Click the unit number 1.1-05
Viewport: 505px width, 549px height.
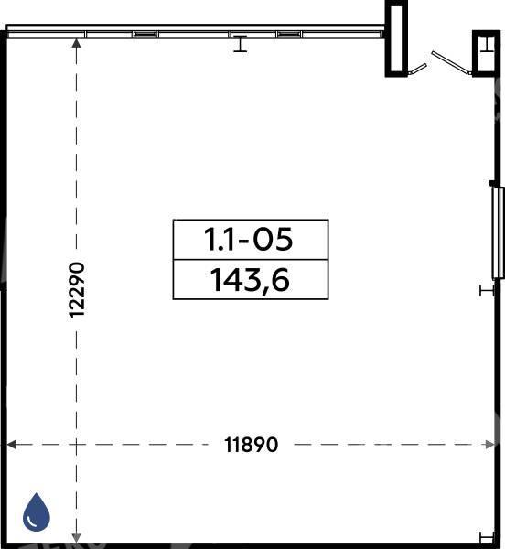tap(248, 240)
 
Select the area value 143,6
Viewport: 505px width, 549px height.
tap(250, 280)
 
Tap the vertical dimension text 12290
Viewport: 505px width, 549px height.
tap(76, 290)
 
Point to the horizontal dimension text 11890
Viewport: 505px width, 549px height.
tap(251, 445)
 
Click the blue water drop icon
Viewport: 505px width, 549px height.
tap(37, 511)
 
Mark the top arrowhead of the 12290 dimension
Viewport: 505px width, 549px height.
tap(76, 43)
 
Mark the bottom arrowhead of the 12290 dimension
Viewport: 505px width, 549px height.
tap(76, 539)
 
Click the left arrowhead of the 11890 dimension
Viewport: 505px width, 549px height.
tap(11, 445)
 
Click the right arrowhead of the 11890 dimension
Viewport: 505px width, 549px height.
tap(490, 445)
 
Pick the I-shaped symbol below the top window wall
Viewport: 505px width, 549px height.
tap(240, 44)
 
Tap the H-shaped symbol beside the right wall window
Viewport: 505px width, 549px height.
tap(487, 290)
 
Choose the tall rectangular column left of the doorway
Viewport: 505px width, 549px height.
tap(396, 38)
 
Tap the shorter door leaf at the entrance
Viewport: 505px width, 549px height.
tap(417, 70)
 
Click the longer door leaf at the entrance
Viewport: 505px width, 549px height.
tap(451, 63)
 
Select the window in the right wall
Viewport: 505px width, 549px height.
tap(498, 232)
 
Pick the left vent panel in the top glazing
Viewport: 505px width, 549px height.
tap(145, 34)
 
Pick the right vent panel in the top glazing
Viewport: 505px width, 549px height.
tap(289, 34)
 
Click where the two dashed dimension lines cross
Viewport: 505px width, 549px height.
tap(76, 445)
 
